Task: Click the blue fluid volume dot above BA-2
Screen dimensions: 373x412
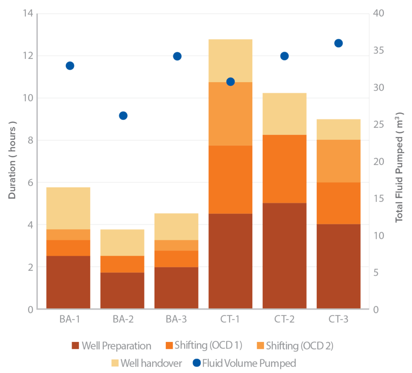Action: tap(123, 116)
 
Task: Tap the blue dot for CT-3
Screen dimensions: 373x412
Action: tap(338, 43)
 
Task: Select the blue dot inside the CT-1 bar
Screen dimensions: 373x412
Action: tap(231, 82)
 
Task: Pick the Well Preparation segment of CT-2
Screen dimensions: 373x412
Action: tap(284, 256)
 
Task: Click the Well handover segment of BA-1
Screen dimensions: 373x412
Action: tap(68, 208)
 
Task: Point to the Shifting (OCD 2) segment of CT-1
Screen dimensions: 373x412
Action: tap(231, 114)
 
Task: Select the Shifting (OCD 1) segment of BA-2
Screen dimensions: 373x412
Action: tap(122, 264)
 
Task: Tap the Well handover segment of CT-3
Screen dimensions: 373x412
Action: tap(338, 129)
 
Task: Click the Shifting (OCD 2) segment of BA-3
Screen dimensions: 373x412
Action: tap(176, 245)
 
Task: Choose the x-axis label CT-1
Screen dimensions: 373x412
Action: tap(231, 320)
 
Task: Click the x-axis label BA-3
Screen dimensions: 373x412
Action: tap(176, 320)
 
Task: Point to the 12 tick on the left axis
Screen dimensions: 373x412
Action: tap(27, 56)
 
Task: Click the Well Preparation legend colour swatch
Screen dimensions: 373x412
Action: tap(75, 346)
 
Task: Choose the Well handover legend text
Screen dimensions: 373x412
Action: tap(152, 363)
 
